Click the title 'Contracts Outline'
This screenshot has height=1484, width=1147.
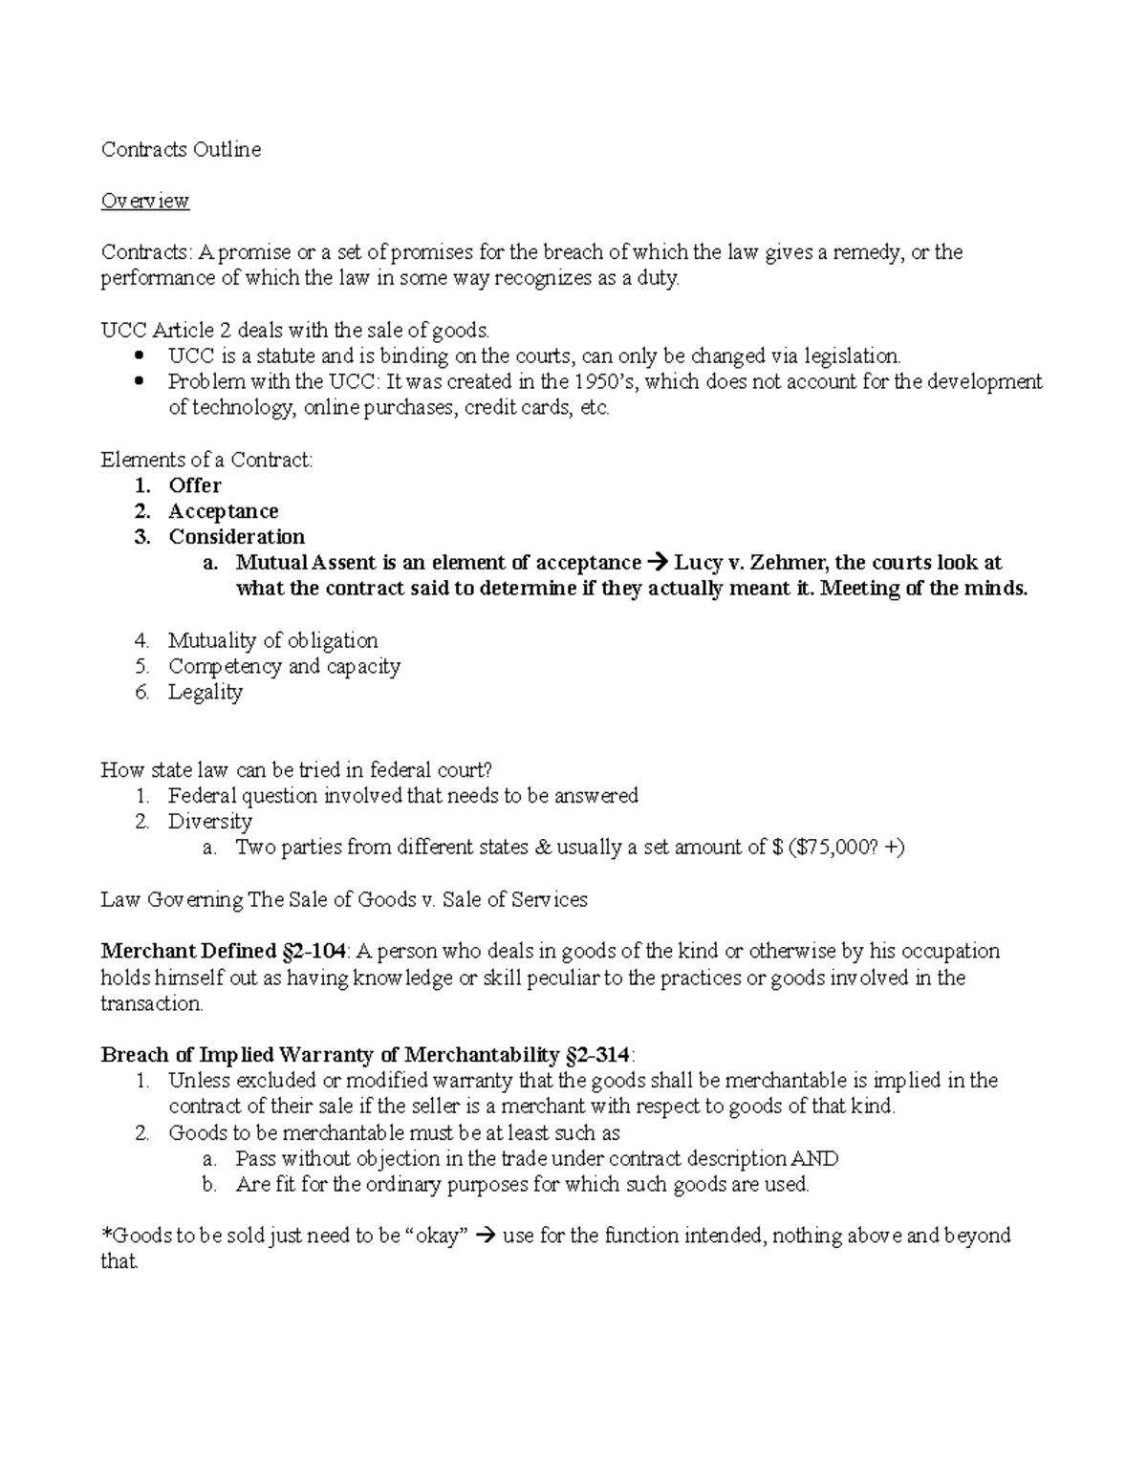click(181, 149)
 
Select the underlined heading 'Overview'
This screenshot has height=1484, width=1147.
click(145, 201)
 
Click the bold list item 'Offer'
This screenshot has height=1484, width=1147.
click(195, 485)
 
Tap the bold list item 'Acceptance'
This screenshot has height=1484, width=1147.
click(224, 511)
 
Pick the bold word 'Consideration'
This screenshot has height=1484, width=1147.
click(237, 537)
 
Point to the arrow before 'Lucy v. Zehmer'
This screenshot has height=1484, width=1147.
click(658, 563)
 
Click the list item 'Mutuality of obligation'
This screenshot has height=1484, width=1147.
click(272, 640)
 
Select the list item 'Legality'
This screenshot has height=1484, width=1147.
click(206, 692)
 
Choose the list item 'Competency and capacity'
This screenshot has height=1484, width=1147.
click(284, 666)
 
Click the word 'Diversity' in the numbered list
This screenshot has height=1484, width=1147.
click(210, 821)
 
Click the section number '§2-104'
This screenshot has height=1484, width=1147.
click(314, 952)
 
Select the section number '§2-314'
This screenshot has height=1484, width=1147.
click(595, 1055)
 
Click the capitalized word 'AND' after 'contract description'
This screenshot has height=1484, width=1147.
click(814, 1159)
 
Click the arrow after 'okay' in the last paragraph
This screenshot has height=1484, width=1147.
click(485, 1237)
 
